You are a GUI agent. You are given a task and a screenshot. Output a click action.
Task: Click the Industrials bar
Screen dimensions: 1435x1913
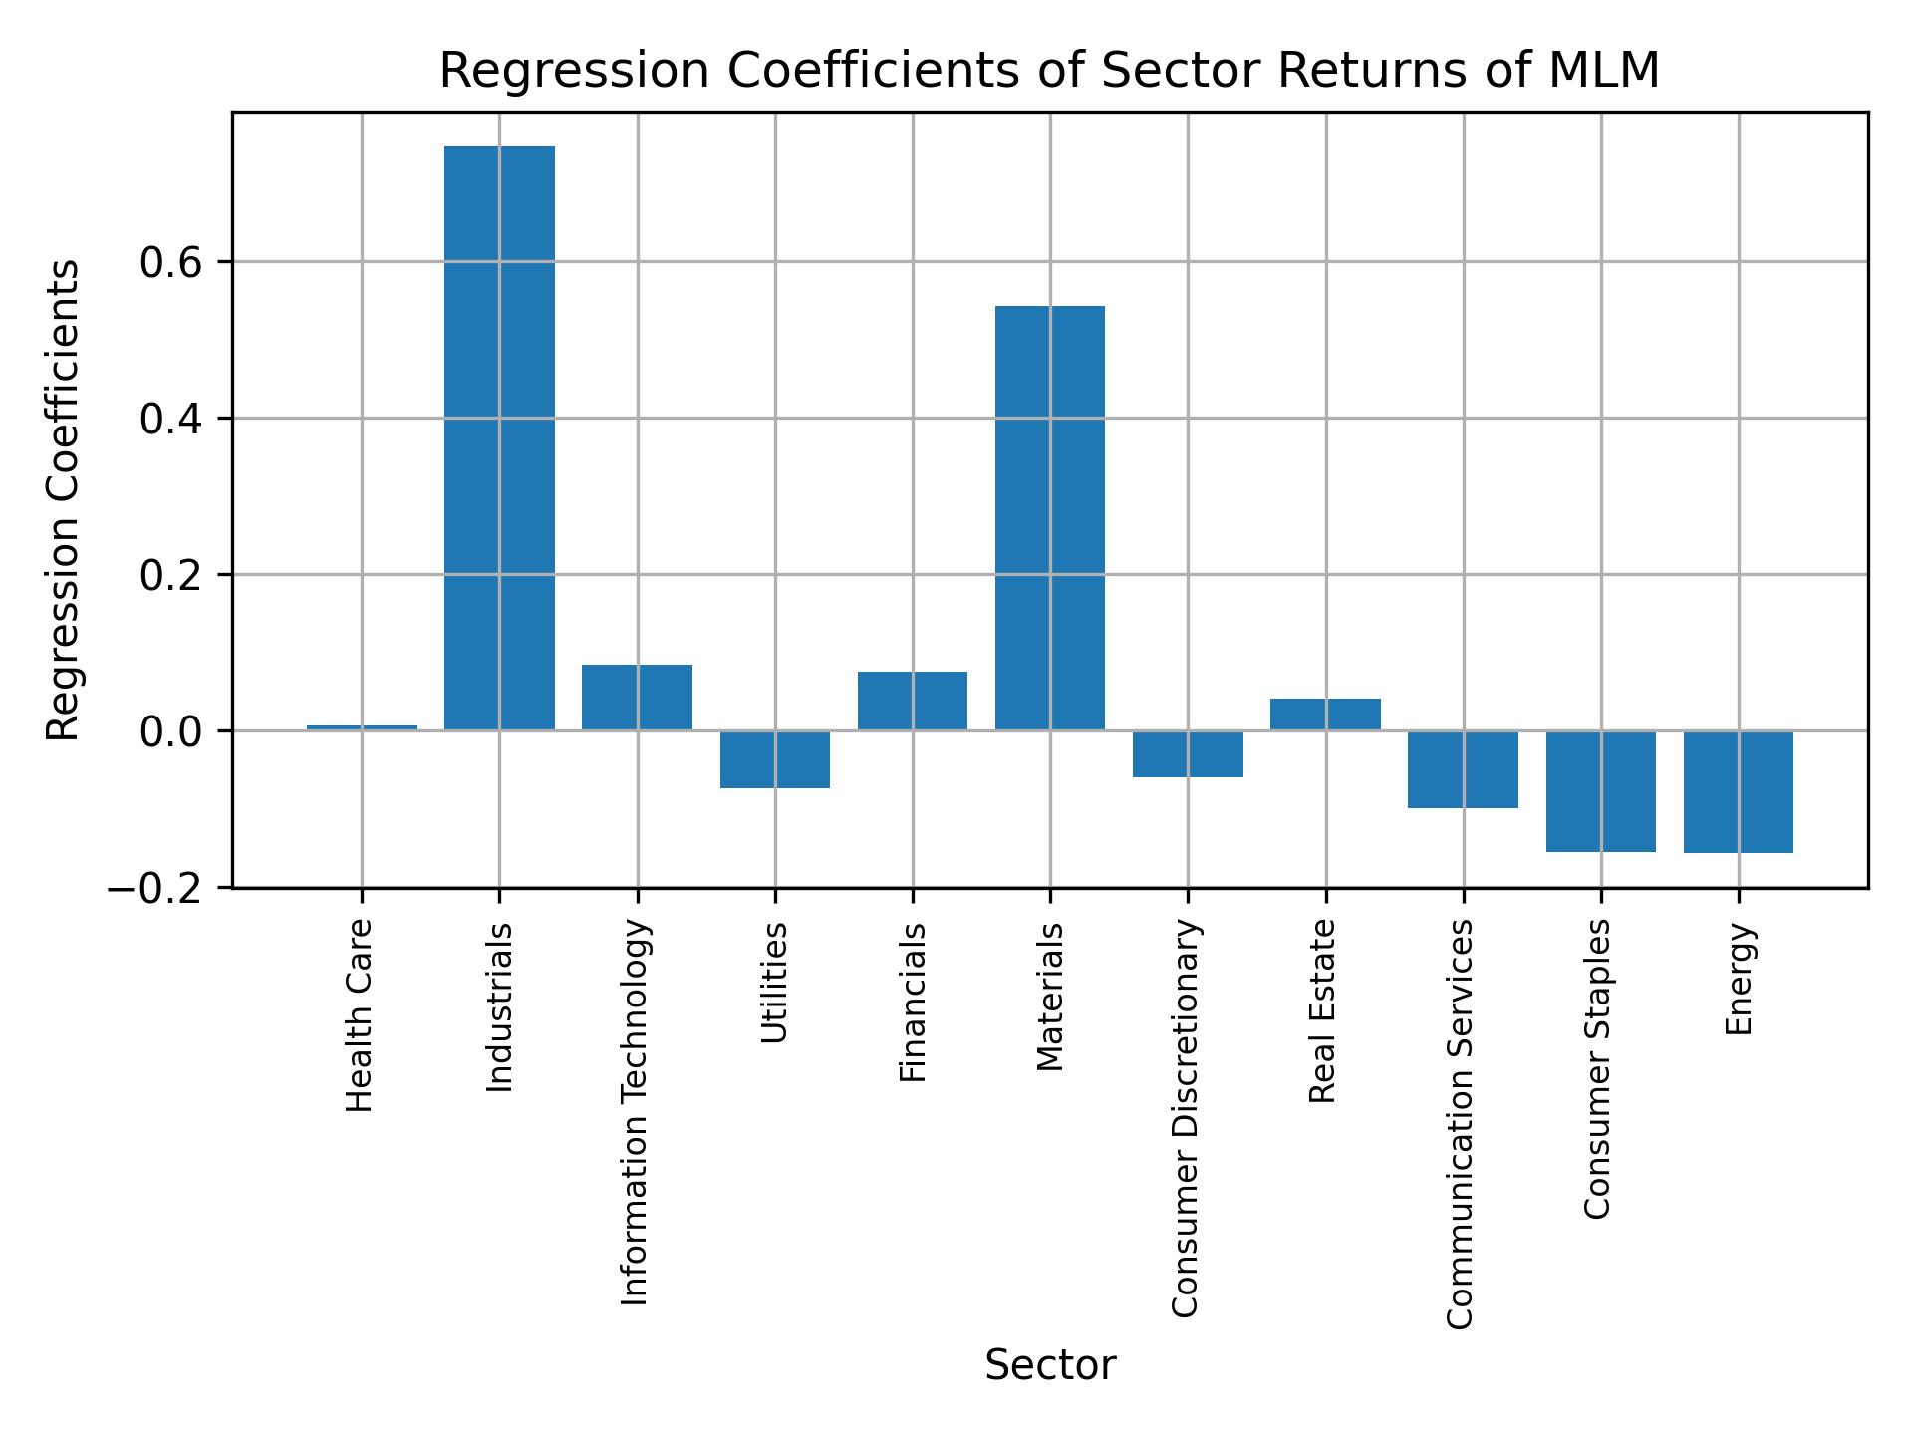pos(499,438)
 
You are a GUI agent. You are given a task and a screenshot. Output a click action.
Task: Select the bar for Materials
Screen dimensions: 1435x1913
pos(1050,518)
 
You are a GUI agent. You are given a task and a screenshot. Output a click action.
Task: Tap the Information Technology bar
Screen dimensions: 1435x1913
pos(637,698)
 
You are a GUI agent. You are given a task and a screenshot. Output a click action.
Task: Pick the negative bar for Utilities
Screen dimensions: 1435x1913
pos(775,759)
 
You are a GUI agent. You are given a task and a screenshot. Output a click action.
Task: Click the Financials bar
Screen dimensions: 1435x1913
pos(913,701)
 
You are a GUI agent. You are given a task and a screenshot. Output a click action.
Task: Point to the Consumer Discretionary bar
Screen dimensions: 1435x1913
pos(1188,753)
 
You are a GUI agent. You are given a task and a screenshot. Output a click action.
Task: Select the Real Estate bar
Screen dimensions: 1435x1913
pos(1325,715)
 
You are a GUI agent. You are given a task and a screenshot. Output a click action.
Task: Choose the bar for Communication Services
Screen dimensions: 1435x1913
pos(1463,769)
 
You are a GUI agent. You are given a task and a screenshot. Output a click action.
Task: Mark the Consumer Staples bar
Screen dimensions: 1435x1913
pos(1600,791)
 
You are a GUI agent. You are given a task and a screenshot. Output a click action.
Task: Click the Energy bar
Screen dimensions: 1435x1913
pos(1739,792)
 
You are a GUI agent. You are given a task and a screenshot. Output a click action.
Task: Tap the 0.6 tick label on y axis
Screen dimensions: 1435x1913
pos(171,263)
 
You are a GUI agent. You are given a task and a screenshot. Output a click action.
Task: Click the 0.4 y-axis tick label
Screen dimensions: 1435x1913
pos(171,420)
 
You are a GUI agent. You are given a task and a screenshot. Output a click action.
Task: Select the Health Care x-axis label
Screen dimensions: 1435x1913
pos(360,1015)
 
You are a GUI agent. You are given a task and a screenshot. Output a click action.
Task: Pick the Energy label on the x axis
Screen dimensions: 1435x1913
pos(1739,980)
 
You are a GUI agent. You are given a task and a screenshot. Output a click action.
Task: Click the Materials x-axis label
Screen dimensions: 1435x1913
pos(1050,998)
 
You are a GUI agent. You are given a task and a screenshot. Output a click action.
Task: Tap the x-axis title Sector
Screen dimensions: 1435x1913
pos(1050,1365)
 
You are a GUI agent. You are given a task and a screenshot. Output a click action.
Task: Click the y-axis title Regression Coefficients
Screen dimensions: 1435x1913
pos(64,500)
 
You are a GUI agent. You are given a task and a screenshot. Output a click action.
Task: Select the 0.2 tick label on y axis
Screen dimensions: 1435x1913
pos(171,576)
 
